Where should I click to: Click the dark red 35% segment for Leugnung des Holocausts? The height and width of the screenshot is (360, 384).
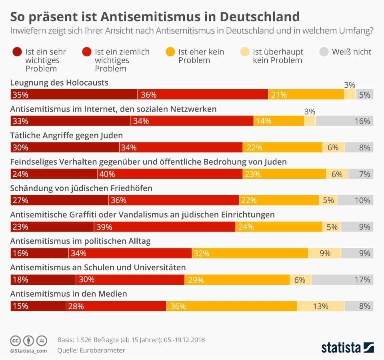74,94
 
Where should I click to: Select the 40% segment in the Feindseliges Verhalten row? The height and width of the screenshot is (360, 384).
170,174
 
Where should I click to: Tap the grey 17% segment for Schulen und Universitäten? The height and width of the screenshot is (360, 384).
342,280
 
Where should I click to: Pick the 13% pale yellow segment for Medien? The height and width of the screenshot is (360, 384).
320,306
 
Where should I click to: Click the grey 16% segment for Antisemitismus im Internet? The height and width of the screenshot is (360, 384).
344,121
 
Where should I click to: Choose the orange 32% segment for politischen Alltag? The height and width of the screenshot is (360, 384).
250,253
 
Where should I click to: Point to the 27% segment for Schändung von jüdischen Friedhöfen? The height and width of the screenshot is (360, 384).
59,200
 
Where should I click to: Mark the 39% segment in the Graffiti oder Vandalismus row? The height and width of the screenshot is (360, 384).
165,227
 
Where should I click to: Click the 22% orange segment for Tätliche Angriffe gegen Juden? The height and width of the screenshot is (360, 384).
282,147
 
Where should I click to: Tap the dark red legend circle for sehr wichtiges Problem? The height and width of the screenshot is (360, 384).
17,52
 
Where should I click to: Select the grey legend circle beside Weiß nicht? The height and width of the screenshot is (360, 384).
325,52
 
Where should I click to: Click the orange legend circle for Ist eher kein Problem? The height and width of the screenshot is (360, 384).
170,52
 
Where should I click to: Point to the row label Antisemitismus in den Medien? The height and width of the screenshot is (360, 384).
68,294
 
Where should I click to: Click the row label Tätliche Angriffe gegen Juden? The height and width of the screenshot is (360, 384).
66,135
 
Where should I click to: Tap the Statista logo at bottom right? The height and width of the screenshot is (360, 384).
347,347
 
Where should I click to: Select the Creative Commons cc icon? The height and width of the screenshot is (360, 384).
15,341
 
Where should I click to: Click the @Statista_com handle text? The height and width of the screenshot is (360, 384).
28,351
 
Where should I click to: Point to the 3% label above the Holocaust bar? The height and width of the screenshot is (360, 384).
350,85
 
